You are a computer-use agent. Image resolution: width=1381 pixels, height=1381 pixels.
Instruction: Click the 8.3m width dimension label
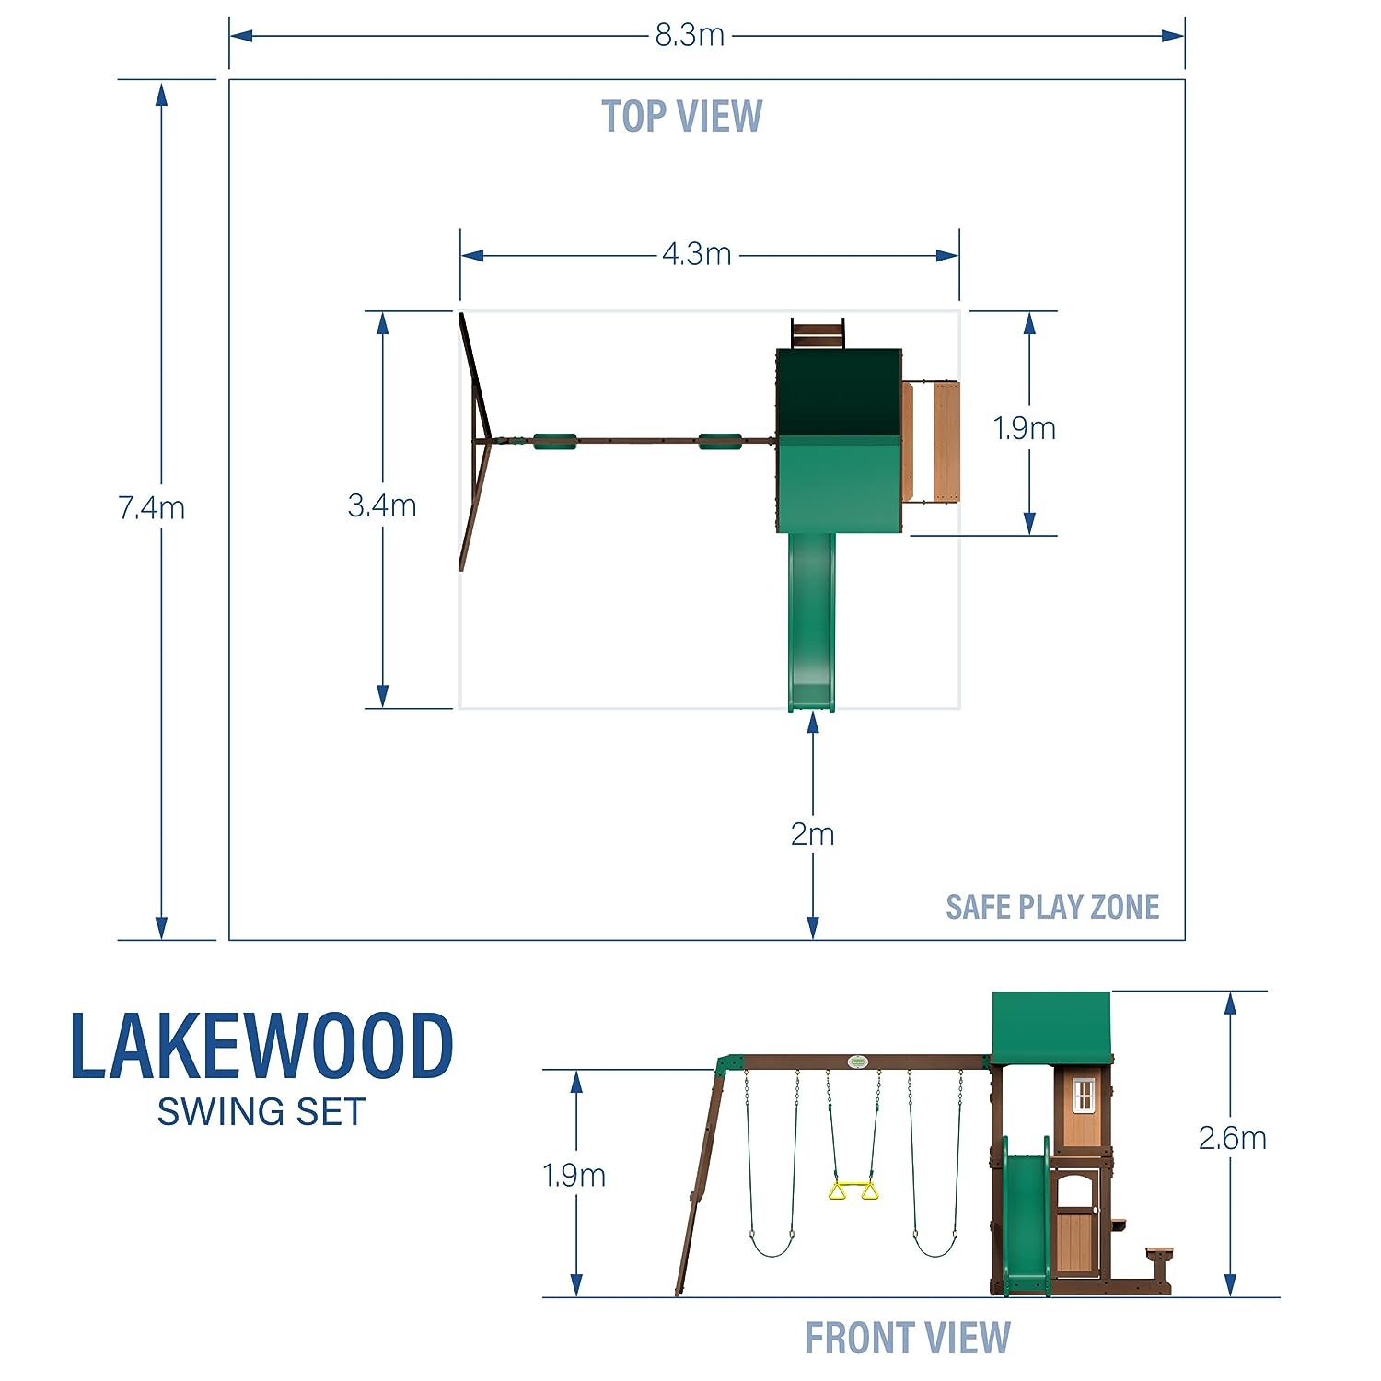[x=690, y=35]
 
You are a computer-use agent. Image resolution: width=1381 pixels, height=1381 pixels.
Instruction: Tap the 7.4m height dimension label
[x=152, y=507]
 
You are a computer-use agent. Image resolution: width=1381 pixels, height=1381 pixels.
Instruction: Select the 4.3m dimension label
[x=697, y=253]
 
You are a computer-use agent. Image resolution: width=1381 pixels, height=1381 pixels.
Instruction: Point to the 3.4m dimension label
[x=382, y=505]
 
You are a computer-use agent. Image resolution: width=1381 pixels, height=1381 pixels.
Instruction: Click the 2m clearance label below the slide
[x=812, y=834]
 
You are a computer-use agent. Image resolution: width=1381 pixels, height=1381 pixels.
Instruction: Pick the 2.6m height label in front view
[x=1232, y=1138]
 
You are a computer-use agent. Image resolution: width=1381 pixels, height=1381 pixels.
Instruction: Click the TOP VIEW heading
[x=682, y=117]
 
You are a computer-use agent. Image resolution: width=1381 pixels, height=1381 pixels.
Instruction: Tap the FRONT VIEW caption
[x=908, y=1338]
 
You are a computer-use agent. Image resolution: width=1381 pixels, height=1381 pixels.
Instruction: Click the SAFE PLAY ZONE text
[x=1052, y=907]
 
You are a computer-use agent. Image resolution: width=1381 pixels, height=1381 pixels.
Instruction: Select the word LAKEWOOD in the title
[x=262, y=1046]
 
